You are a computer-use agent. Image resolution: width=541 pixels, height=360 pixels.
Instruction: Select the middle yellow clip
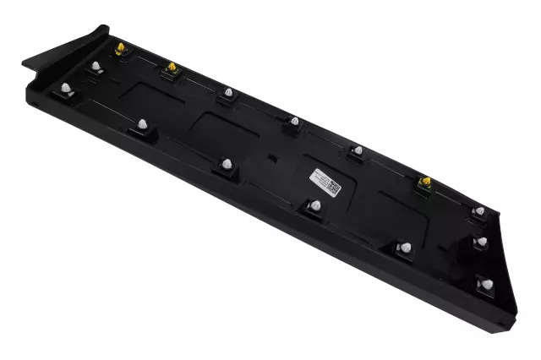172,67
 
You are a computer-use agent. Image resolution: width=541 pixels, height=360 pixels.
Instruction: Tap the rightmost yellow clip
425,181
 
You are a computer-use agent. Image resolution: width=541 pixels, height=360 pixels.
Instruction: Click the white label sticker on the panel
322,180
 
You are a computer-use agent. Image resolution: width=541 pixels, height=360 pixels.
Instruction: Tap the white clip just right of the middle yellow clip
227,90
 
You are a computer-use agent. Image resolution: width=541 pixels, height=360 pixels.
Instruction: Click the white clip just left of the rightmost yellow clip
358,150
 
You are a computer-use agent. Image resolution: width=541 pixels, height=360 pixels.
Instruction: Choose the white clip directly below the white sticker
314,205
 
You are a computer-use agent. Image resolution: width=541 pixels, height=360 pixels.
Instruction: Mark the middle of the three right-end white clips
480,242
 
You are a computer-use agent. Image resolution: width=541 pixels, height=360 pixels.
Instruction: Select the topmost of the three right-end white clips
478,210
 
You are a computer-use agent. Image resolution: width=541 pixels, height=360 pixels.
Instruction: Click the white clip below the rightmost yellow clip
406,247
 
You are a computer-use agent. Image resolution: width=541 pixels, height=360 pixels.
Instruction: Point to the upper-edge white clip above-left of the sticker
293,122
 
